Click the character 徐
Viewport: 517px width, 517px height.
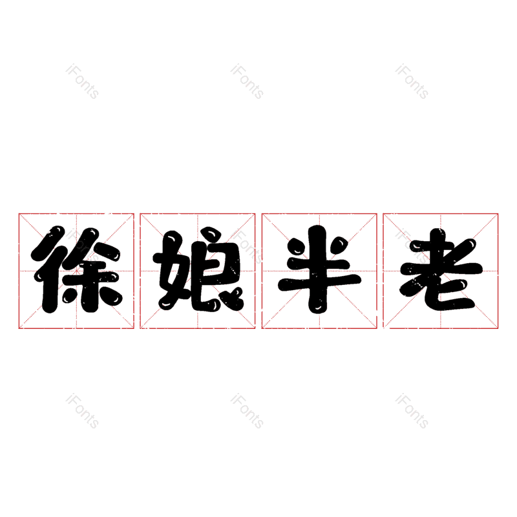pyautogui.click(x=76, y=269)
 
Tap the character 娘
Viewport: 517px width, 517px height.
pyautogui.click(x=198, y=269)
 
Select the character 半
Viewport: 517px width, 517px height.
pyautogui.click(x=319, y=269)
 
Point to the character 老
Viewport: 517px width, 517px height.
pyautogui.click(x=441, y=269)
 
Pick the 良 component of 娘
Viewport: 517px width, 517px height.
pyautogui.click(x=217, y=269)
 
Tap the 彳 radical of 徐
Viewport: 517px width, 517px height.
pyautogui.click(x=50, y=269)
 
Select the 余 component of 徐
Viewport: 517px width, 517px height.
pyautogui.click(x=92, y=269)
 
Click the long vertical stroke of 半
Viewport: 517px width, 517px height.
pyautogui.click(x=318, y=269)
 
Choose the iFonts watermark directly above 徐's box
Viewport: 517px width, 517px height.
pyautogui.click(x=83, y=81)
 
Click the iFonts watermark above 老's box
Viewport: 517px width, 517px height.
pyautogui.click(x=412, y=81)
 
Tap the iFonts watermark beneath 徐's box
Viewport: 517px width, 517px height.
pyautogui.click(x=83, y=411)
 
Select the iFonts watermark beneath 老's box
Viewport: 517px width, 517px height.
pyautogui.click(x=412, y=411)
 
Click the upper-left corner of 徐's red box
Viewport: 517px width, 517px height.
pyautogui.click(x=19, y=214)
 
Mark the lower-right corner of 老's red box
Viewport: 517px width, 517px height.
pyautogui.click(x=498, y=328)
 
